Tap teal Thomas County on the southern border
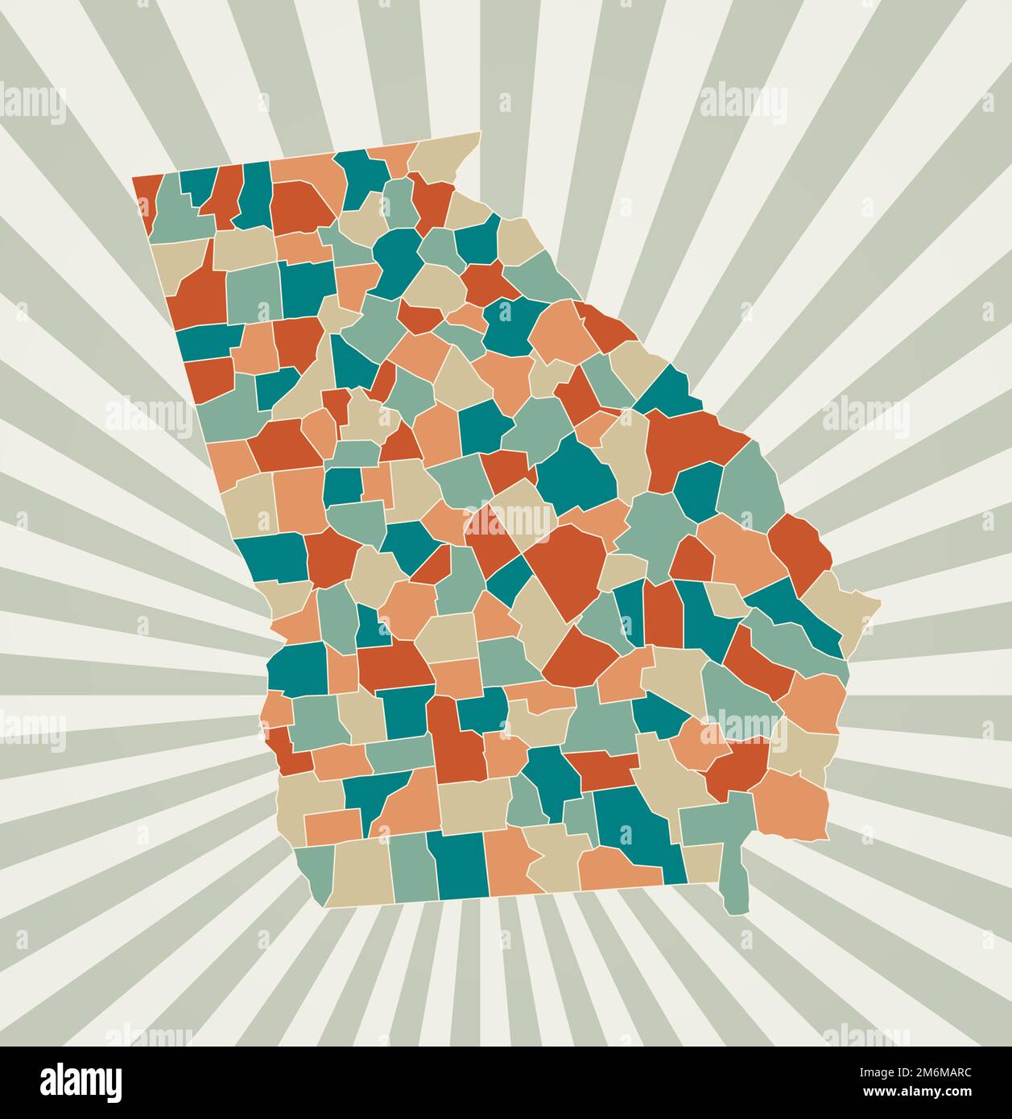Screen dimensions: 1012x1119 point(458,865)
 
